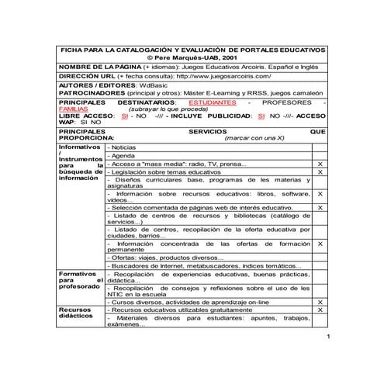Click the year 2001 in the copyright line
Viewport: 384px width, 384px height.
coord(230,57)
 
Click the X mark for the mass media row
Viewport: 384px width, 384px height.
coord(320,165)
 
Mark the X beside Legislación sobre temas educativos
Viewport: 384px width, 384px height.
coord(320,173)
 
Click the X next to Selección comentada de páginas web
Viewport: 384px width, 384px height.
coord(320,208)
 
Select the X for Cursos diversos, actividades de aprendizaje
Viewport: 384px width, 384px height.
coord(320,302)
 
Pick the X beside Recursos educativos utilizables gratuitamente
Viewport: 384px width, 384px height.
coord(320,310)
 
